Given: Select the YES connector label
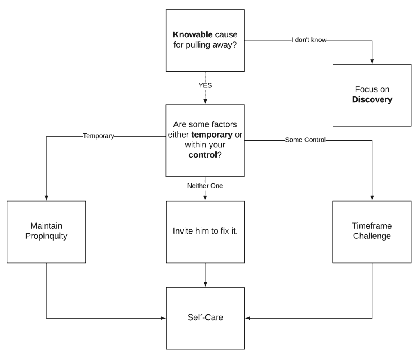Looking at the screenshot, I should click(205, 86).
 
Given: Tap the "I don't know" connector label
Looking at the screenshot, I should click(308, 40).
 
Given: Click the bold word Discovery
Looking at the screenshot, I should click(372, 100).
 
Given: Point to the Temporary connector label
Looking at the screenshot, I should click(98, 136).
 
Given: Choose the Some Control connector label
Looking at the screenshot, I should click(305, 140).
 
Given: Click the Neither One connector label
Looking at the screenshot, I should click(205, 186).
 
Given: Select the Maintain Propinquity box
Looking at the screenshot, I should click(46, 232).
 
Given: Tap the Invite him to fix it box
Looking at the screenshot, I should click(205, 231).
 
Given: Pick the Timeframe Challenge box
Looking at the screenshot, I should click(372, 232).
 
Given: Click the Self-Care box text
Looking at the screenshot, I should click(205, 317).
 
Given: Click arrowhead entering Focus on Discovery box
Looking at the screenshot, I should click(372, 62).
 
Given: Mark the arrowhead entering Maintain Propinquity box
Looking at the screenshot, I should click(46, 198).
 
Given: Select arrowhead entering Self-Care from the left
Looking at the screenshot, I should click(163, 318).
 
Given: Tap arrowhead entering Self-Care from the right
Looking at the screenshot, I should click(248, 318).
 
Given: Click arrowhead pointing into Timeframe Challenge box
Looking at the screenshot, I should click(372, 198).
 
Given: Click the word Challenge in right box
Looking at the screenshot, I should click(372, 236).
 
